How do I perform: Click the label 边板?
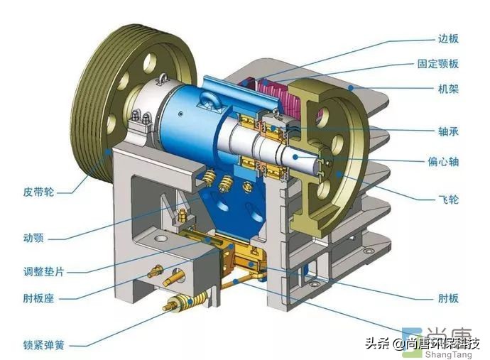(x=448, y=38)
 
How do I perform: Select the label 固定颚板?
(x=438, y=64)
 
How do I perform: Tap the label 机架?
(x=448, y=89)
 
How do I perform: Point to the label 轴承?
(x=448, y=131)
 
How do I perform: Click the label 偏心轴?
(x=443, y=162)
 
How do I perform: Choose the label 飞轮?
(x=448, y=199)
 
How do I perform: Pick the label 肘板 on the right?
(x=448, y=298)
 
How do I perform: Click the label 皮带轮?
(x=39, y=192)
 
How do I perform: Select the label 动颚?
(x=33, y=238)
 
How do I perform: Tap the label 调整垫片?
(x=44, y=271)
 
